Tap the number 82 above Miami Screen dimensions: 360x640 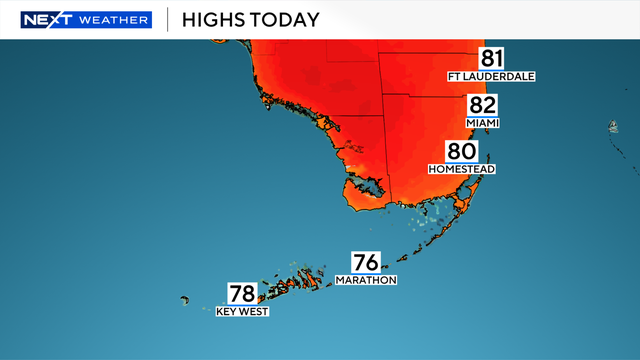click(x=482, y=107)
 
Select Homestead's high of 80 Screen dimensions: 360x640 click(x=462, y=153)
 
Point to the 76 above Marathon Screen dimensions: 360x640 click(x=366, y=263)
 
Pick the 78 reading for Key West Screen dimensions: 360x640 click(x=243, y=294)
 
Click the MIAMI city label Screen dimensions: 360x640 click(x=482, y=123)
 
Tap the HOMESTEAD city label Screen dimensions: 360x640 click(x=462, y=169)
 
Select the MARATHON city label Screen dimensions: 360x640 click(x=366, y=280)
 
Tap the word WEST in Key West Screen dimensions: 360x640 click(x=253, y=311)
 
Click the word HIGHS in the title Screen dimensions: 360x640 click(x=218, y=19)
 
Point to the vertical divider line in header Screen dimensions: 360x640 click(x=167, y=19)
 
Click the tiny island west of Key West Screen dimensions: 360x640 click(x=185, y=299)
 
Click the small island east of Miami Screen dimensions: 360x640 click(x=611, y=127)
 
